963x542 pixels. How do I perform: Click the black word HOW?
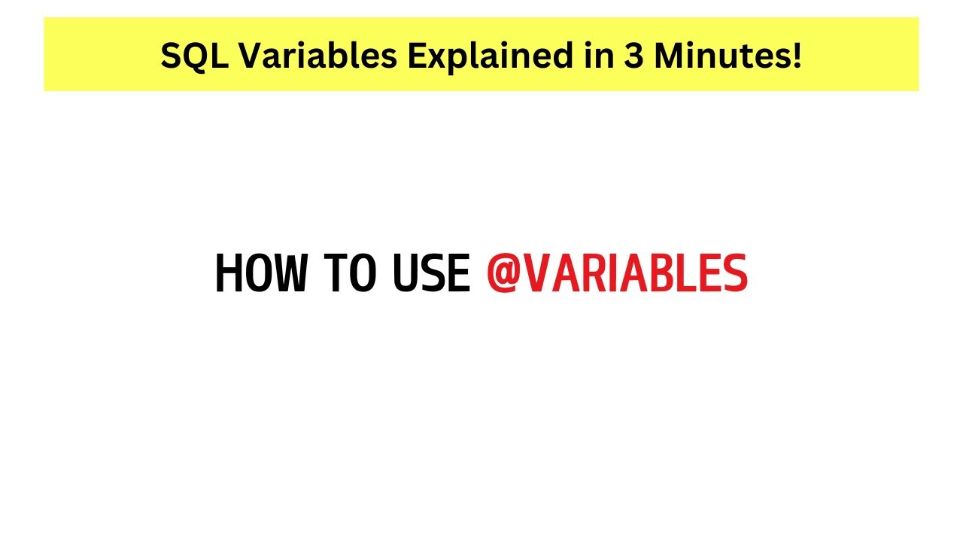(261, 274)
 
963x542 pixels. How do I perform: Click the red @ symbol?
(503, 274)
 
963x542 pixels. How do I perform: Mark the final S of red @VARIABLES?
(734, 274)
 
